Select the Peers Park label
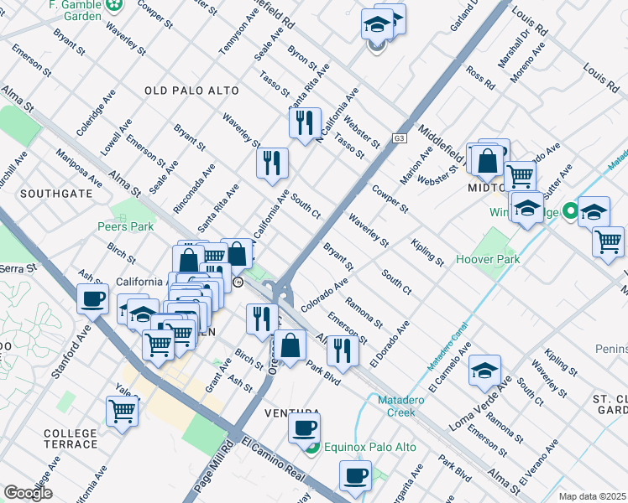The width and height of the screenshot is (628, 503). tap(124, 226)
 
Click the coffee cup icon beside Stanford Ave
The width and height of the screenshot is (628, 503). tap(92, 298)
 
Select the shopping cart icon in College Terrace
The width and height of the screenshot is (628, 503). tap(123, 412)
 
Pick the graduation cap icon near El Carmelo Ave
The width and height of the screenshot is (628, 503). tap(485, 370)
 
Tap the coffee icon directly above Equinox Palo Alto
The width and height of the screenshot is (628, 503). tap(304, 428)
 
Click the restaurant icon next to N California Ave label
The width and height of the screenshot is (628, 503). tap(305, 122)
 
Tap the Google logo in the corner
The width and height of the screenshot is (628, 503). tap(28, 493)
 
